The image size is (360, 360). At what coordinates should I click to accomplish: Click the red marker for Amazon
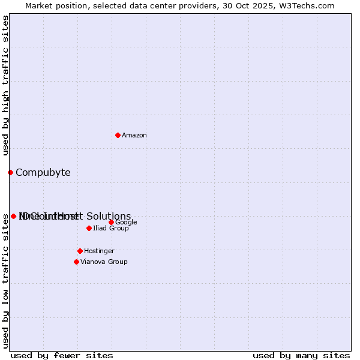118,135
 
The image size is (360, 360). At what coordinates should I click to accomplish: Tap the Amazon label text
134,136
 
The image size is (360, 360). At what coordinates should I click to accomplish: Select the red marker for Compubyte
10,172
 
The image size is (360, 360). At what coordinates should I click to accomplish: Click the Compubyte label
43,173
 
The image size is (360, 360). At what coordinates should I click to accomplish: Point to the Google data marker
111,222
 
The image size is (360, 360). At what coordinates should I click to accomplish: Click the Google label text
126,223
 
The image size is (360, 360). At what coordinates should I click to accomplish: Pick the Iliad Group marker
89,228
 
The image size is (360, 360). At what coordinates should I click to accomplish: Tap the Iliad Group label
111,229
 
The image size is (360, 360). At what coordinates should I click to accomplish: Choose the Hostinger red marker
80,251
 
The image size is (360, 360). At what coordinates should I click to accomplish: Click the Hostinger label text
99,251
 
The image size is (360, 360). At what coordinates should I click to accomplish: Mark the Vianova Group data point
76,262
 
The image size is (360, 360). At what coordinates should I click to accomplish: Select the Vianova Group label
104,262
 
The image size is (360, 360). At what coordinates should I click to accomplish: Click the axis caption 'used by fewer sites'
62,356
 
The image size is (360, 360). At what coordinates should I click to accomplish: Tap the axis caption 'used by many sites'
301,356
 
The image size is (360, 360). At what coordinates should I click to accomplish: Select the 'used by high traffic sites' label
6,85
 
